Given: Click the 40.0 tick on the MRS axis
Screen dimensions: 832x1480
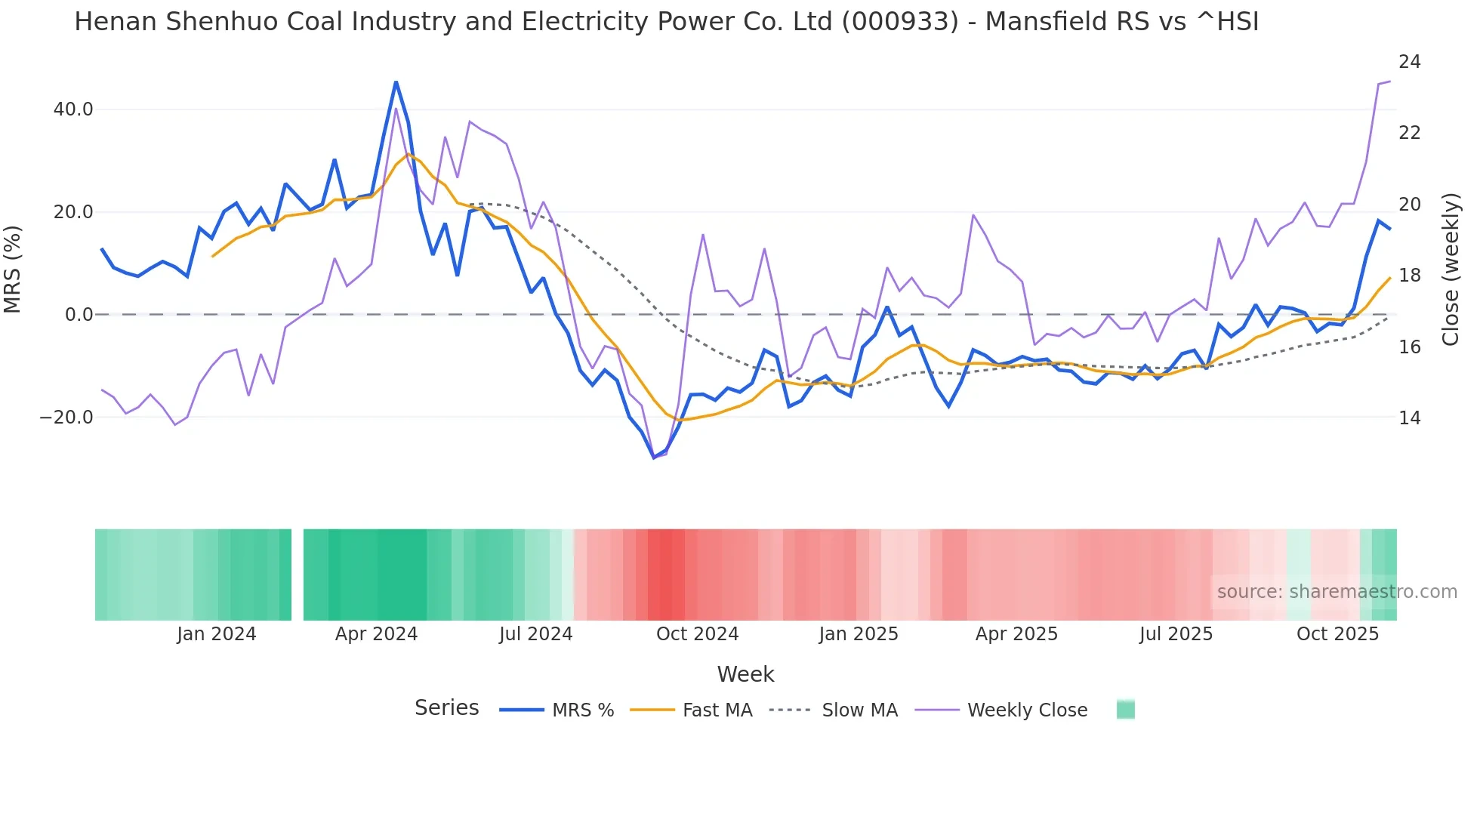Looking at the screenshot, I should pos(73,109).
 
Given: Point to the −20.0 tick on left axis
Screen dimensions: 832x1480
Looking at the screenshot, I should pos(66,418).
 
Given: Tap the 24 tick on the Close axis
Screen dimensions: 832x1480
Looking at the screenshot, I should pos(1409,62).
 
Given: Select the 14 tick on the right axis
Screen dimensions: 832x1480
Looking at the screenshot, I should pos(1409,418).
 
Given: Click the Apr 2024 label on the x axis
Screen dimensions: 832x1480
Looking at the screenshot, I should pos(376,634).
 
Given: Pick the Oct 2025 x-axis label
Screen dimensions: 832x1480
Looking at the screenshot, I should pos(1337,634).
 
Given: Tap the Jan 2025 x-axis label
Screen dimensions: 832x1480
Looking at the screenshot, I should pos(858,634).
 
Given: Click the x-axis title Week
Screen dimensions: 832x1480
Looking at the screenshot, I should pos(745,674).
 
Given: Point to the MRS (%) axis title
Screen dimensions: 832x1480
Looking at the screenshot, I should pos(13,270).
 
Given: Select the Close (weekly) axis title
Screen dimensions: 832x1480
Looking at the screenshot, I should pos(1450,270).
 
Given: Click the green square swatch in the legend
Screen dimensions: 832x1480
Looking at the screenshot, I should pos(1125,710).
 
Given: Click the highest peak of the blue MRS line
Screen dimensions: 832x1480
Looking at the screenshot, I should pos(396,82).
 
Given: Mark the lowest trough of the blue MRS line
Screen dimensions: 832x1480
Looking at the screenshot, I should pos(654,458).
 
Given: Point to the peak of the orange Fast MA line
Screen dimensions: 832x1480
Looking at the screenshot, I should pos(408,154).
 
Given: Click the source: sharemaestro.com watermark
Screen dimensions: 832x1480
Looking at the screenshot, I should pos(1337,592).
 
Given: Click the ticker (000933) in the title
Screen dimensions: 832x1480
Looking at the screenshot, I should pos(899,22).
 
